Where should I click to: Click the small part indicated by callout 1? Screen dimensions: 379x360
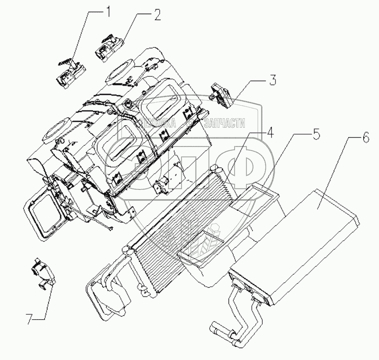pos(70,72)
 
